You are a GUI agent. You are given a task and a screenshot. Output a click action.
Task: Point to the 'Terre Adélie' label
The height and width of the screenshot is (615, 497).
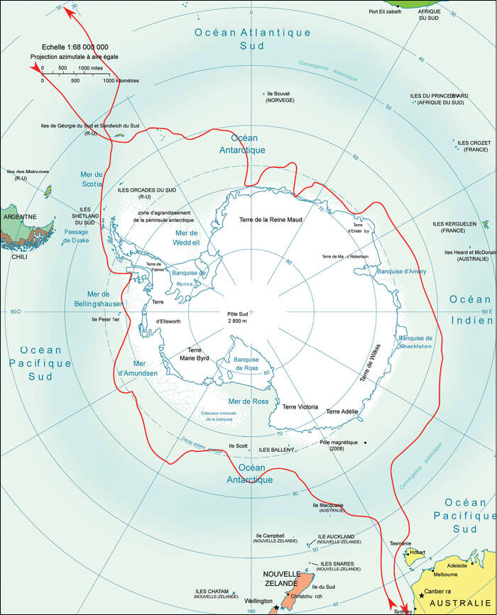(x=342, y=411)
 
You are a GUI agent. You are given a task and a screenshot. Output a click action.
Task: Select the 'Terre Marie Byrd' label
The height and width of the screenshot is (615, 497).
(x=195, y=354)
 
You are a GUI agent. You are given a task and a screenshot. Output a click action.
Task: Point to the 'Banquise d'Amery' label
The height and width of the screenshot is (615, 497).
(x=400, y=272)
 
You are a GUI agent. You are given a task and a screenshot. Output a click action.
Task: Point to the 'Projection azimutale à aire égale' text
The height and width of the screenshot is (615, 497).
(x=70, y=55)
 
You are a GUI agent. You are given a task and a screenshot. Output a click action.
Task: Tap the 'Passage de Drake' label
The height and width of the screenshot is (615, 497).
(x=76, y=236)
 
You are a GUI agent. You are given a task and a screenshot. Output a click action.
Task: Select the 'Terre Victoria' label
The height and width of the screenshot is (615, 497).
(x=300, y=406)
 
